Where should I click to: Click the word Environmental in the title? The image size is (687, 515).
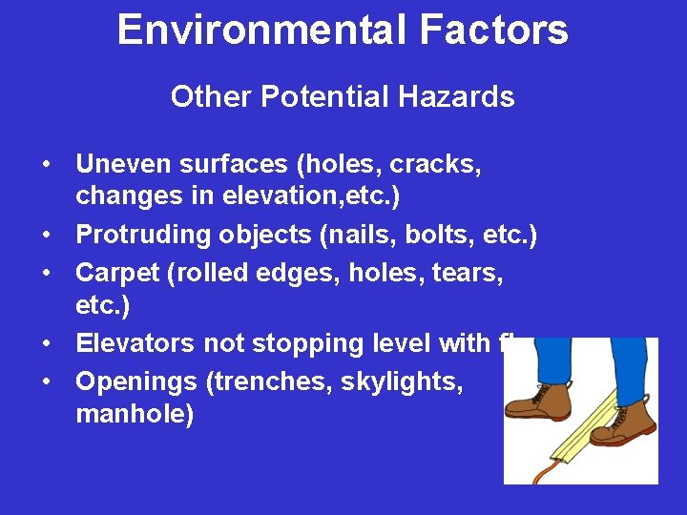click(250, 30)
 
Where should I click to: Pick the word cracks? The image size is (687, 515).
click(435, 165)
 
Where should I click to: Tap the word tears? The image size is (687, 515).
click(468, 273)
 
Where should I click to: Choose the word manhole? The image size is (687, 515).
click(134, 415)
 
